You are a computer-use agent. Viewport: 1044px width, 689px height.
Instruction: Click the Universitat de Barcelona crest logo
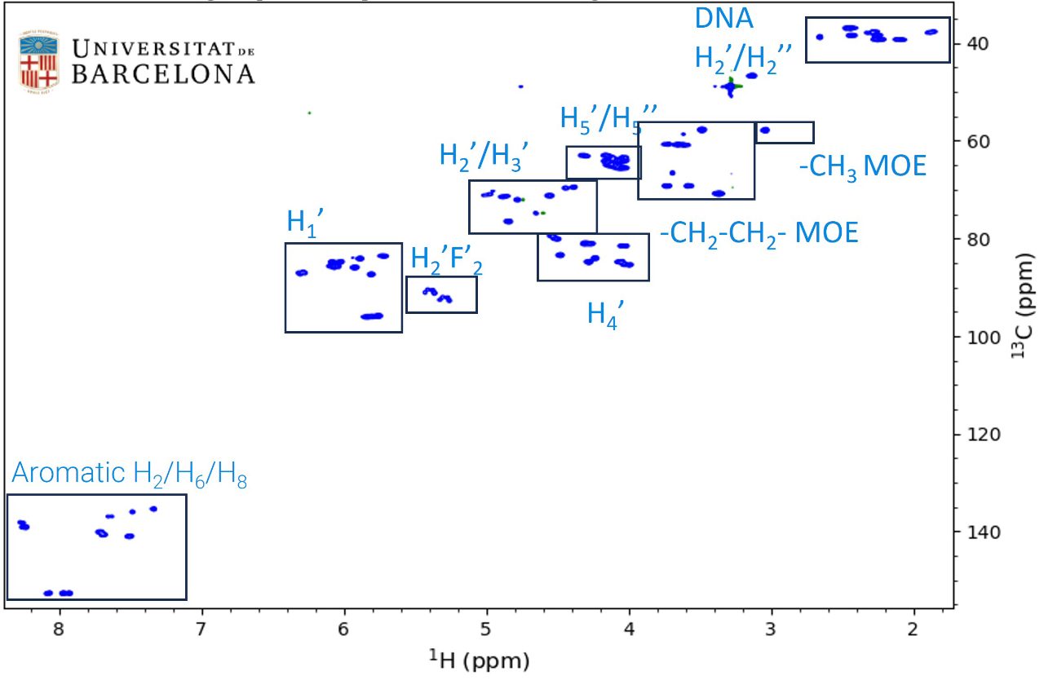(x=39, y=62)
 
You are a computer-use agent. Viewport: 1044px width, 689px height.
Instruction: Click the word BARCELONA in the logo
(x=163, y=75)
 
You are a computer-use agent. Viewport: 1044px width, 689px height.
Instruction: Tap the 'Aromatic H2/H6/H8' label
(x=129, y=475)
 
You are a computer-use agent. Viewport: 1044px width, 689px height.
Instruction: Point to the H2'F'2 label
(x=441, y=260)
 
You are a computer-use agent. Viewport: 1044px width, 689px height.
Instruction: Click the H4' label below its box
(x=605, y=312)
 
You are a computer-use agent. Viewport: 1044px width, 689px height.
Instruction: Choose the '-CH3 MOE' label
(x=862, y=166)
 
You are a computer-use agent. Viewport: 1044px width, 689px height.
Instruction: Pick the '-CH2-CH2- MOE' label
(x=759, y=233)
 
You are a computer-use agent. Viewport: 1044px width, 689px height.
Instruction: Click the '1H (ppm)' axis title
(x=480, y=661)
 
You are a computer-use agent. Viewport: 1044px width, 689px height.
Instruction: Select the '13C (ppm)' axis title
(x=1025, y=313)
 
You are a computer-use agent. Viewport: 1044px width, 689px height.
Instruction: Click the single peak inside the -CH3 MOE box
(x=764, y=130)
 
